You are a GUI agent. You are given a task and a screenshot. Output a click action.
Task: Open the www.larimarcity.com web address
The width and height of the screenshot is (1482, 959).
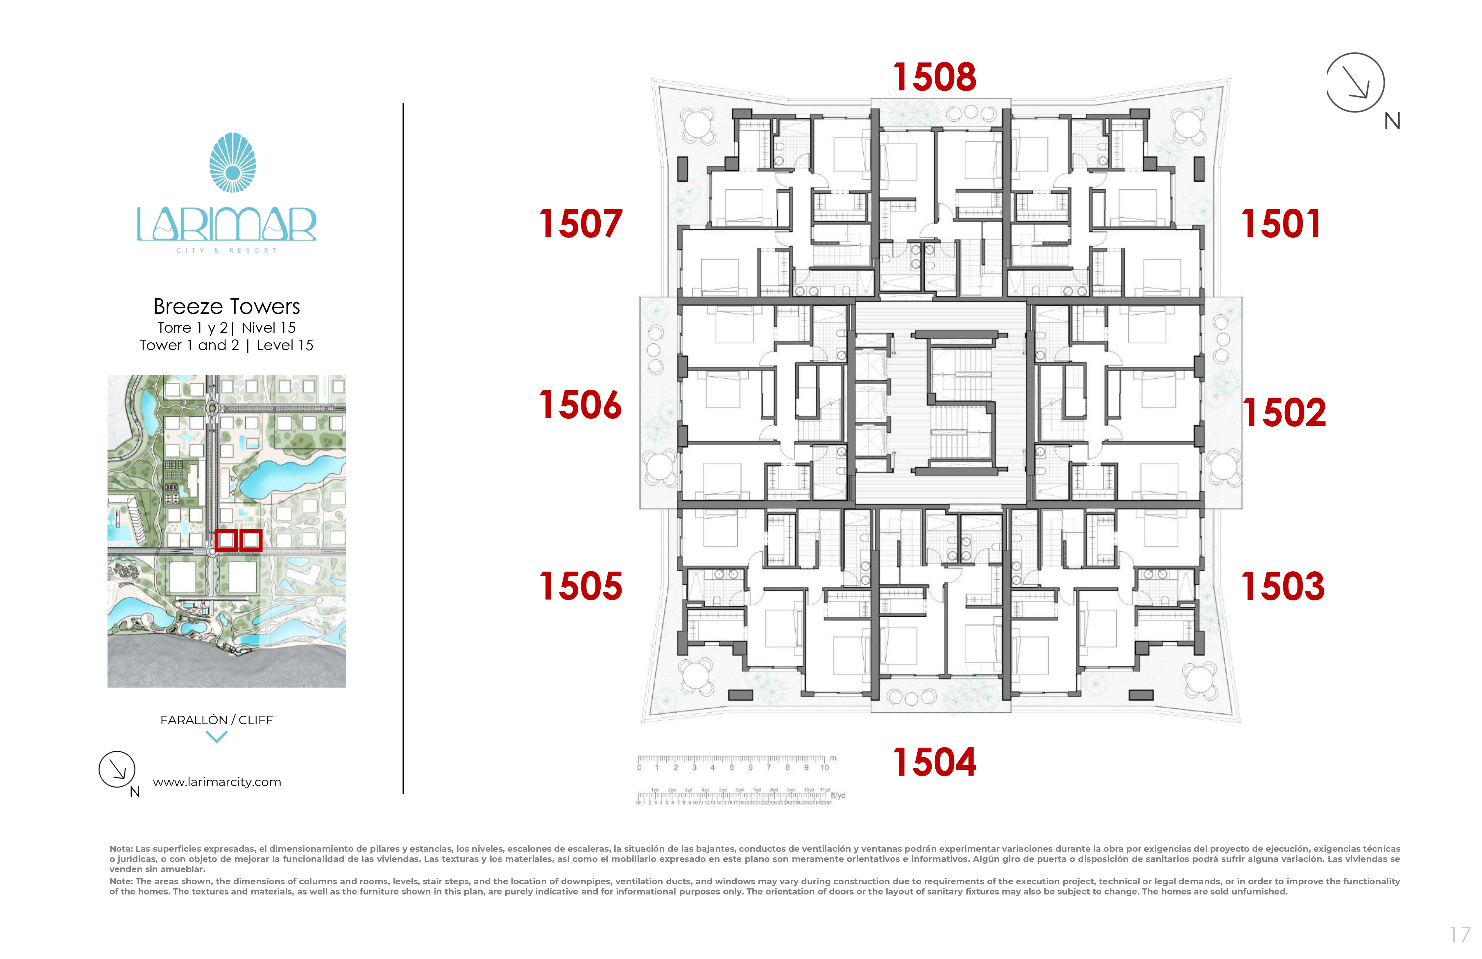click(217, 782)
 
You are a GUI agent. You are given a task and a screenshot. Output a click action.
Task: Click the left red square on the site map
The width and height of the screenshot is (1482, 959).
click(225, 540)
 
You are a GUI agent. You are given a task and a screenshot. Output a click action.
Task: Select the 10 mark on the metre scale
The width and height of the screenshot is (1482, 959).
click(824, 768)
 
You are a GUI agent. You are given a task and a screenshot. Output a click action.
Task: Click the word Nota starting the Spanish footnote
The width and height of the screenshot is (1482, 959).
click(121, 849)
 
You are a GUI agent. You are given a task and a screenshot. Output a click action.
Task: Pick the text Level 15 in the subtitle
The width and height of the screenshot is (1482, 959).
click(285, 346)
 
